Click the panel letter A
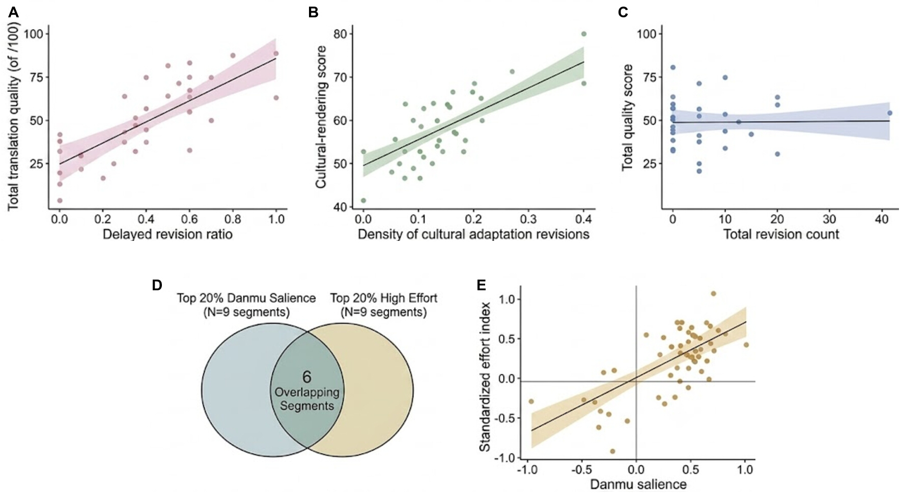click(x=13, y=12)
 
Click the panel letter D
click(x=157, y=285)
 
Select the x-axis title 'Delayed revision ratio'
click(x=167, y=235)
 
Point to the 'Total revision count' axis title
click(x=781, y=235)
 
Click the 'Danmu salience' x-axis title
click(x=638, y=484)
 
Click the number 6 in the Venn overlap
click(x=306, y=377)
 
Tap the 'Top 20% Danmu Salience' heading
click(x=246, y=298)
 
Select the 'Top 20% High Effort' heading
click(x=384, y=298)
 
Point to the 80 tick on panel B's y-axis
click(x=341, y=34)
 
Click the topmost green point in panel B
click(x=584, y=34)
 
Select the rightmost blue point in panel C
click(x=890, y=113)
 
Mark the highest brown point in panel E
click(x=713, y=294)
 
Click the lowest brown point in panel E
click(x=612, y=451)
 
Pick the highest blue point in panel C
click(x=673, y=67)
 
